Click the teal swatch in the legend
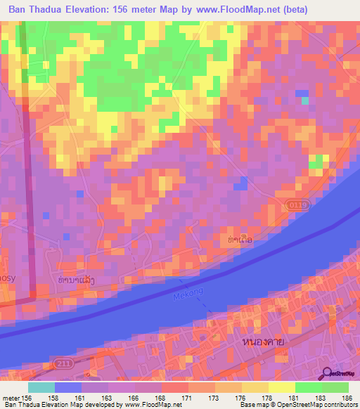41,387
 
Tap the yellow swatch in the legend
281,387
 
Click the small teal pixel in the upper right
304,100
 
